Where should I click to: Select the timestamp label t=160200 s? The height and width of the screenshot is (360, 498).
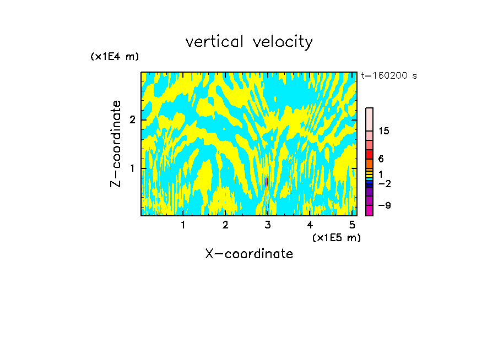pyautogui.click(x=389, y=76)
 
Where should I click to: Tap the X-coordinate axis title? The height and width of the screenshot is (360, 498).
pyautogui.click(x=249, y=254)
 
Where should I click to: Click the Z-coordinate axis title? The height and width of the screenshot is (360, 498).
pyautogui.click(x=116, y=144)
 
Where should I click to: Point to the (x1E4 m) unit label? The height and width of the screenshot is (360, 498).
pyautogui.click(x=115, y=56)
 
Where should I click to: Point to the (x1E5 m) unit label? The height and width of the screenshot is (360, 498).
pyautogui.click(x=336, y=237)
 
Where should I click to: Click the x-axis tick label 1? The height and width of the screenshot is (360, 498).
pyautogui.click(x=183, y=225)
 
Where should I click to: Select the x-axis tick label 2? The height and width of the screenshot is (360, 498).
pyautogui.click(x=225, y=225)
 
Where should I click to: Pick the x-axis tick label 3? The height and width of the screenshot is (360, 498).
pyautogui.click(x=268, y=225)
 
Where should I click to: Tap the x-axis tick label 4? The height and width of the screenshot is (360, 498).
pyautogui.click(x=310, y=225)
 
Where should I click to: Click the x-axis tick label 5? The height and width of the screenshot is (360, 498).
pyautogui.click(x=352, y=225)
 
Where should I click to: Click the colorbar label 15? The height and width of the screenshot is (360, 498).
pyautogui.click(x=384, y=131)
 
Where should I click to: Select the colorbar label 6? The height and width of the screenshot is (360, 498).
pyautogui.click(x=381, y=159)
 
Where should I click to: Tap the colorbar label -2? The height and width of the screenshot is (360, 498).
pyautogui.click(x=384, y=183)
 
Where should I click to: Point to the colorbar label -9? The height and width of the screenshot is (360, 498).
pyautogui.click(x=384, y=205)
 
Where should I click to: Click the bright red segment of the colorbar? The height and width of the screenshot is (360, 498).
pyautogui.click(x=370, y=154)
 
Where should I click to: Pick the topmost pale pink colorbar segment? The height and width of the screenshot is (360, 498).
pyautogui.click(x=370, y=119)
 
